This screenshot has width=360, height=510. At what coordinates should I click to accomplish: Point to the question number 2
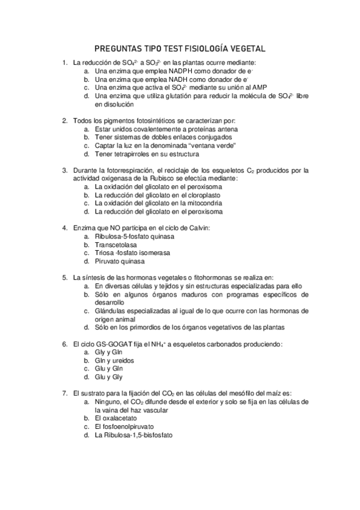point(64,121)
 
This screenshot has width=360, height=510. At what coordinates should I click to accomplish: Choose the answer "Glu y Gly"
point(109,377)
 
